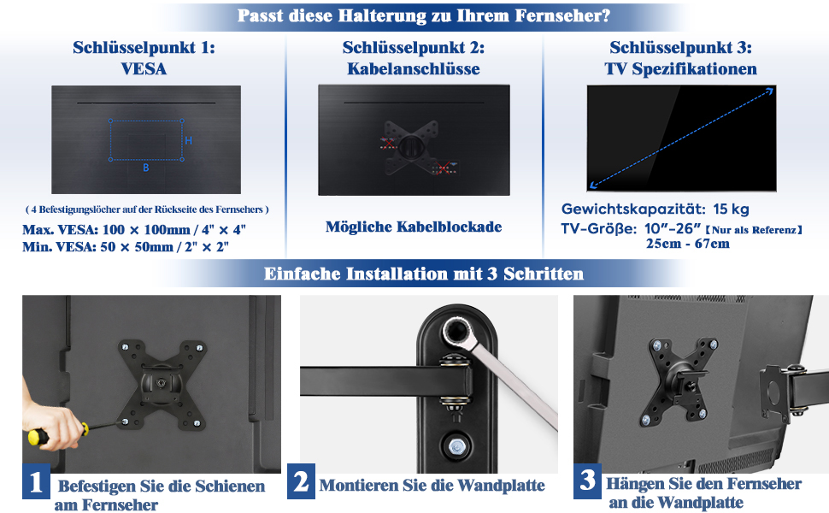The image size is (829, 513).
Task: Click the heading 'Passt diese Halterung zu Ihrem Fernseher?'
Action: pos(424,15)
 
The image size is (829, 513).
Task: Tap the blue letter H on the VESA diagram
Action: pos(188,141)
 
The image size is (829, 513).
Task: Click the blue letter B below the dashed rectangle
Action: pos(146,168)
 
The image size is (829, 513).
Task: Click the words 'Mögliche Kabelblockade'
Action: pos(414,227)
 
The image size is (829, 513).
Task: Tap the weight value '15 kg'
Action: pos(731,209)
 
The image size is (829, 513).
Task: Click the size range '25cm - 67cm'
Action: pos(687,244)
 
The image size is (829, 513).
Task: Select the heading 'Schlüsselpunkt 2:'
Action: pos(414,48)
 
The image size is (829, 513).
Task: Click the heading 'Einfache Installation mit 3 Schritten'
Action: pos(424,274)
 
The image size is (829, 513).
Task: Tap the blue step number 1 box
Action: pos(36,481)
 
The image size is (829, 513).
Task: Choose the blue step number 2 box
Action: pos(301,481)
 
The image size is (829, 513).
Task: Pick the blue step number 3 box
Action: pos(587,481)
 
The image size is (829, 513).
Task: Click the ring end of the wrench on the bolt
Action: pos(456,332)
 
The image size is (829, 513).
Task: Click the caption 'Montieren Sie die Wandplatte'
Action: pos(432,486)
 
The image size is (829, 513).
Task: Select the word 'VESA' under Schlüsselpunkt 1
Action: pos(144,69)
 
